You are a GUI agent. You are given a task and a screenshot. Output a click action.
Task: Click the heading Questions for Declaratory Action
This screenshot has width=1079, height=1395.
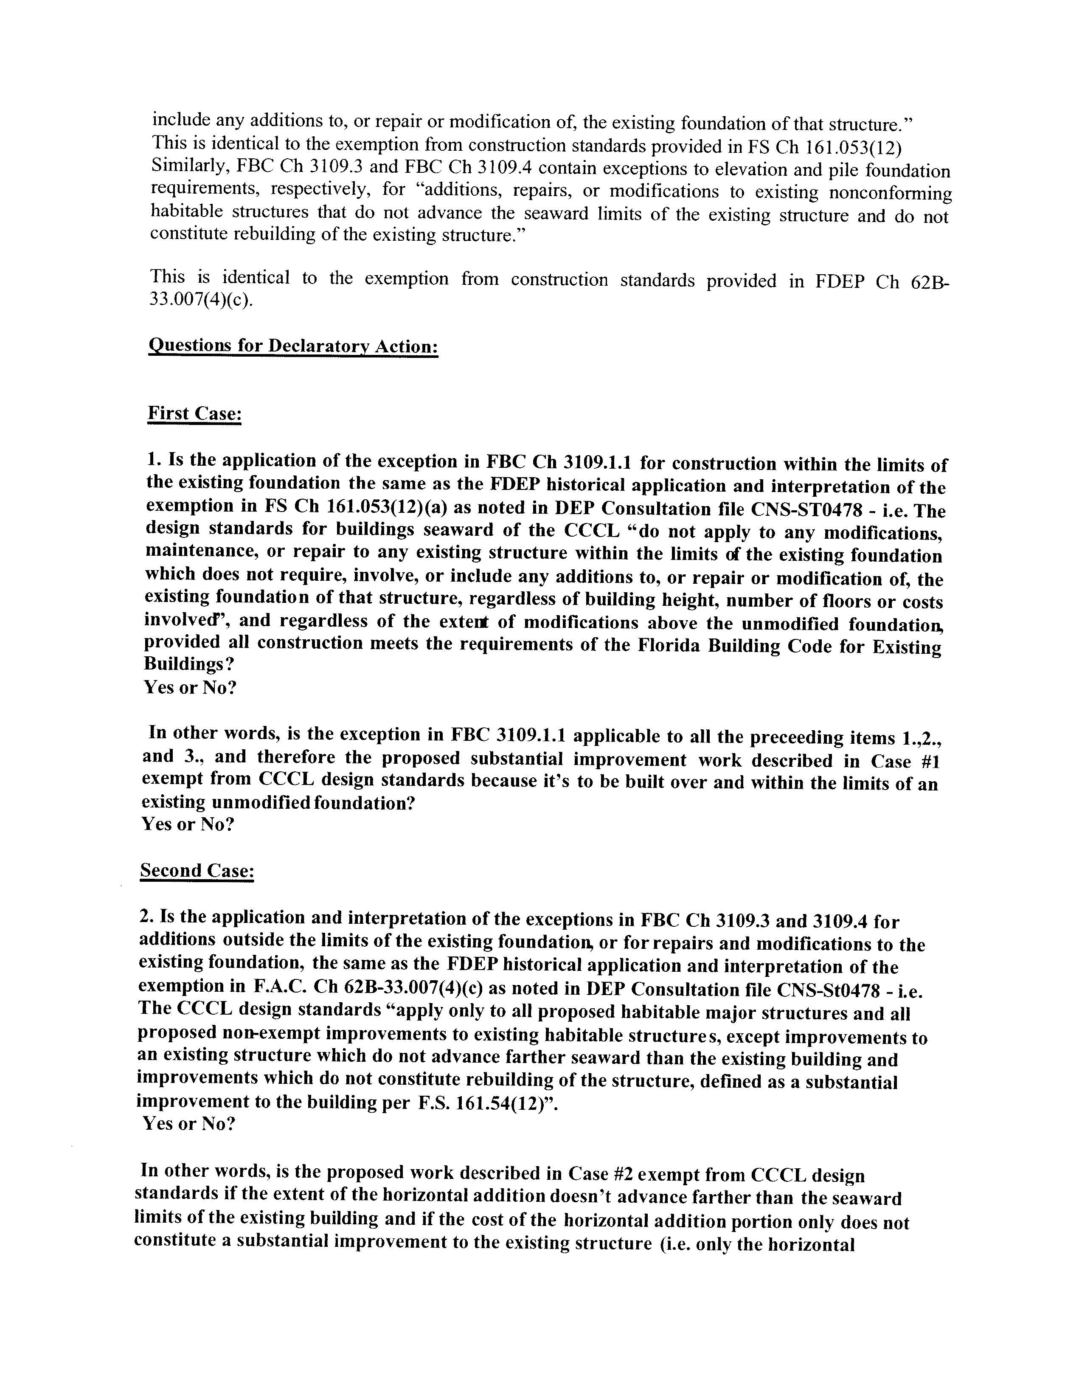(x=293, y=346)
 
